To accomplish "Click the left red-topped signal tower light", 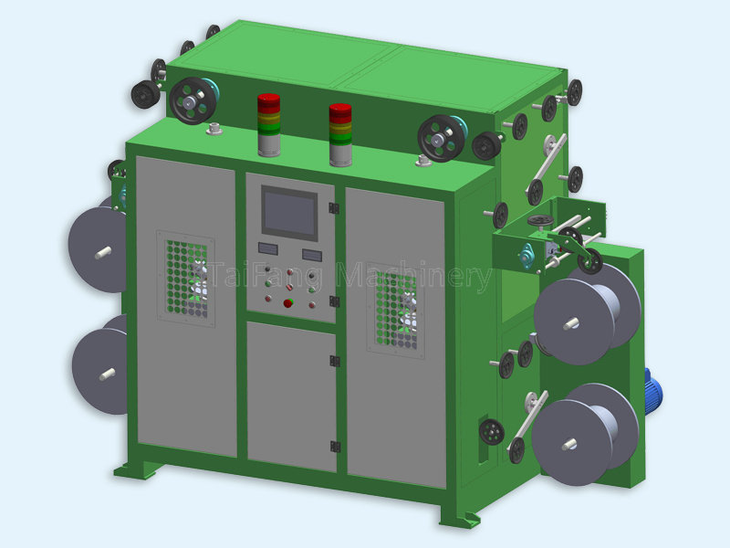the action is (269, 125).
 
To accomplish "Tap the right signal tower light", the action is (340, 134).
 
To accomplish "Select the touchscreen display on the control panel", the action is (289, 213).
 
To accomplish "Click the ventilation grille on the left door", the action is (186, 279).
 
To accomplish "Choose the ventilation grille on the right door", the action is (396, 310).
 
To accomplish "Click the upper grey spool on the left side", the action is (98, 249).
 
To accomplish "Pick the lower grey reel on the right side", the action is (585, 435).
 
